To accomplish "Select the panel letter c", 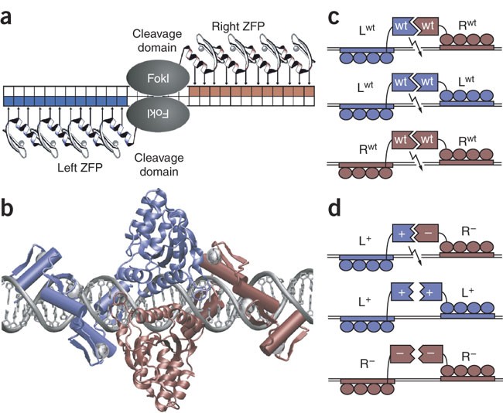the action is pyautogui.click(x=334, y=18).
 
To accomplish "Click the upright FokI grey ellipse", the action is pyautogui.click(x=158, y=78).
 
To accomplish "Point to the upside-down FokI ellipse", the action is pyautogui.click(x=158, y=114).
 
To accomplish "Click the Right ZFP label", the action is pyautogui.click(x=238, y=26).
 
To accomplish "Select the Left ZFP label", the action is pyautogui.click(x=80, y=167).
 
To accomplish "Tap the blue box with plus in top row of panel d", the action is pyautogui.click(x=404, y=233).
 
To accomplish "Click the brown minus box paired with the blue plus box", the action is pyautogui.click(x=426, y=233).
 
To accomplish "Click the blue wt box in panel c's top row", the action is pyautogui.click(x=404, y=26).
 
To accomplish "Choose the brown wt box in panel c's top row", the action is pyautogui.click(x=426, y=26).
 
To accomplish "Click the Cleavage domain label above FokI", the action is pyautogui.click(x=157, y=40).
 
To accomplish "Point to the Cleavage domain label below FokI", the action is pyautogui.click(x=159, y=164).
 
